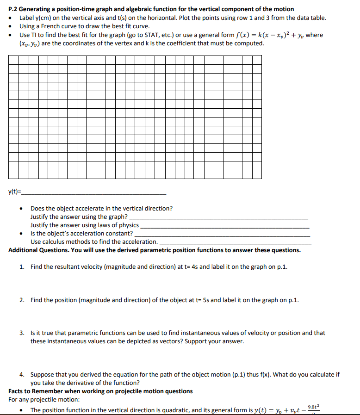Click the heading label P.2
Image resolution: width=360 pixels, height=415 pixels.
(x=14, y=9)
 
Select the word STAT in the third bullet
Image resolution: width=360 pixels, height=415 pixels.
(x=153, y=35)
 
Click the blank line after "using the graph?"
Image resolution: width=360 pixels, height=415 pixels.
(x=218, y=217)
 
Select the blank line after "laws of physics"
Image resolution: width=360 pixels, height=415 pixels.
(x=224, y=226)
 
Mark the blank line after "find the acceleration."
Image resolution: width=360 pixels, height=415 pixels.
(x=235, y=243)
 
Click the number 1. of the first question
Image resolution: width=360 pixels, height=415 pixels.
(x=22, y=267)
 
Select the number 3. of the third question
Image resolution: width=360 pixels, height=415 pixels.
(x=22, y=333)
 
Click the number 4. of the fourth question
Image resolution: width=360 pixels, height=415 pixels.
(x=22, y=375)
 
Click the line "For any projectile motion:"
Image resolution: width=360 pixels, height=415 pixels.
(x=44, y=400)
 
